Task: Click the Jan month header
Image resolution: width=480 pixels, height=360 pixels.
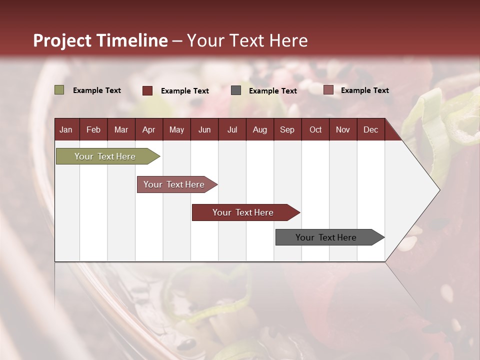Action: (x=66, y=129)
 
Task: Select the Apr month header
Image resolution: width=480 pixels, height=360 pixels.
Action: (x=148, y=129)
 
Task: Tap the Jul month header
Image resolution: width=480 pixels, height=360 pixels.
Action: (x=232, y=129)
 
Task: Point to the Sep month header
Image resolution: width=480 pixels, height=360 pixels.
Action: (x=287, y=129)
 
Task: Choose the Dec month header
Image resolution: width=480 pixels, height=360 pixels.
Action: (x=370, y=129)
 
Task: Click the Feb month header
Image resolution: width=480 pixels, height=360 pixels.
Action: (x=93, y=129)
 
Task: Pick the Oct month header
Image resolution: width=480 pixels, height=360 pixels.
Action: (x=315, y=129)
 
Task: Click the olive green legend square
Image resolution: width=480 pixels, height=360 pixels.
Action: (x=59, y=90)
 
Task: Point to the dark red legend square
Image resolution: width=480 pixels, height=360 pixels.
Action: (x=147, y=90)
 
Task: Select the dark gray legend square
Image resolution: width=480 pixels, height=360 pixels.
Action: (x=236, y=90)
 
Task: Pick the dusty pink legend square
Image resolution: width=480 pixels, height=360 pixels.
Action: (x=328, y=90)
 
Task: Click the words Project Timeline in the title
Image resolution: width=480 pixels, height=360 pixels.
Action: (x=100, y=40)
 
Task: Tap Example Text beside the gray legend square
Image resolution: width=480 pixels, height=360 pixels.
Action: (x=272, y=91)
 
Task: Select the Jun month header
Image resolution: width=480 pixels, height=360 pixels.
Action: (x=204, y=129)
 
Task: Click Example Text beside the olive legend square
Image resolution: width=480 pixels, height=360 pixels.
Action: (x=97, y=90)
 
